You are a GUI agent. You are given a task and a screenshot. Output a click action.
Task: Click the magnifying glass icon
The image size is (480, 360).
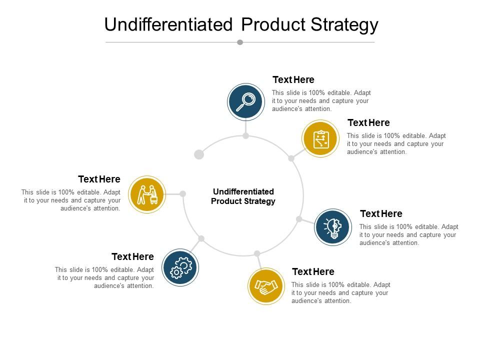point(245,101)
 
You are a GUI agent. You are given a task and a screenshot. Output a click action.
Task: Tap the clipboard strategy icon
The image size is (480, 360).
point(320,138)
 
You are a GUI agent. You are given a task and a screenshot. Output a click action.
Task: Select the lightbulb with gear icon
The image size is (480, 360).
point(333,227)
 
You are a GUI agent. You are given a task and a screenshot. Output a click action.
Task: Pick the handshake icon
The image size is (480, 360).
point(266,286)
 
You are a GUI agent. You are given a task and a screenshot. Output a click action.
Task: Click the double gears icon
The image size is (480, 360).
point(180,267)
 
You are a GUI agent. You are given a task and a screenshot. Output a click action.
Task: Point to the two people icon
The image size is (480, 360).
point(147,194)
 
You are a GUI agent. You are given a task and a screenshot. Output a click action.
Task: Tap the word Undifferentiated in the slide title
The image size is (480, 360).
point(168,24)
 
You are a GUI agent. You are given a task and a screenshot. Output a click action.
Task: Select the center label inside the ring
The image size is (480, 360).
point(243,196)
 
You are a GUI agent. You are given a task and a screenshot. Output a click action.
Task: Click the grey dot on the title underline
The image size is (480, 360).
point(240,42)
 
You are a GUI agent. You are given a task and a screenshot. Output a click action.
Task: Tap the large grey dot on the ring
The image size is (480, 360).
point(199,154)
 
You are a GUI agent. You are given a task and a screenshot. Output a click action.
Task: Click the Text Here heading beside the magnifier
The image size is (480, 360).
point(293,79)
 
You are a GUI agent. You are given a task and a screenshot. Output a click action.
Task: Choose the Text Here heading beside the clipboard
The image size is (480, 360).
point(368,122)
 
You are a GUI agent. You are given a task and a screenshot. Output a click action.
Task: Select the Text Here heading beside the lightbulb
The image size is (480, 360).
point(381,213)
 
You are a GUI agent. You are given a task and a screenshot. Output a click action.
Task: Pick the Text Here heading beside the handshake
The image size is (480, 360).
point(313,271)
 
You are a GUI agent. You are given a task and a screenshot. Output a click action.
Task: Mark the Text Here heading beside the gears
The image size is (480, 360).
point(132,256)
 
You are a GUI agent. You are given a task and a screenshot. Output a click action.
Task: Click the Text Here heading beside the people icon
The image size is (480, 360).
point(99,179)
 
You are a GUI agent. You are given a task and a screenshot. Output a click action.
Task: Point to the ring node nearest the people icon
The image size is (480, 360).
point(183,193)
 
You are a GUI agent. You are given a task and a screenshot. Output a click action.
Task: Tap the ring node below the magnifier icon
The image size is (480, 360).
point(246,135)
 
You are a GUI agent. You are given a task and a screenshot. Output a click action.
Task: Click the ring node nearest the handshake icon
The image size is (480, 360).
point(257,253)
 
